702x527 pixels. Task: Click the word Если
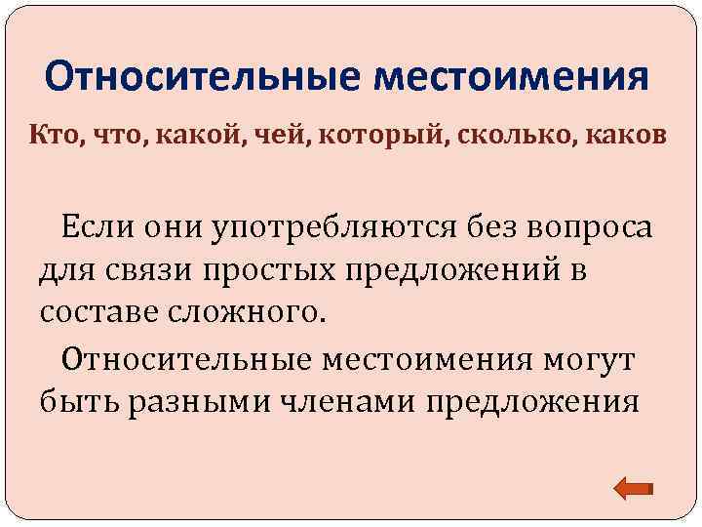[102, 228]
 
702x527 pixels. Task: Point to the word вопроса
[586, 228]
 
